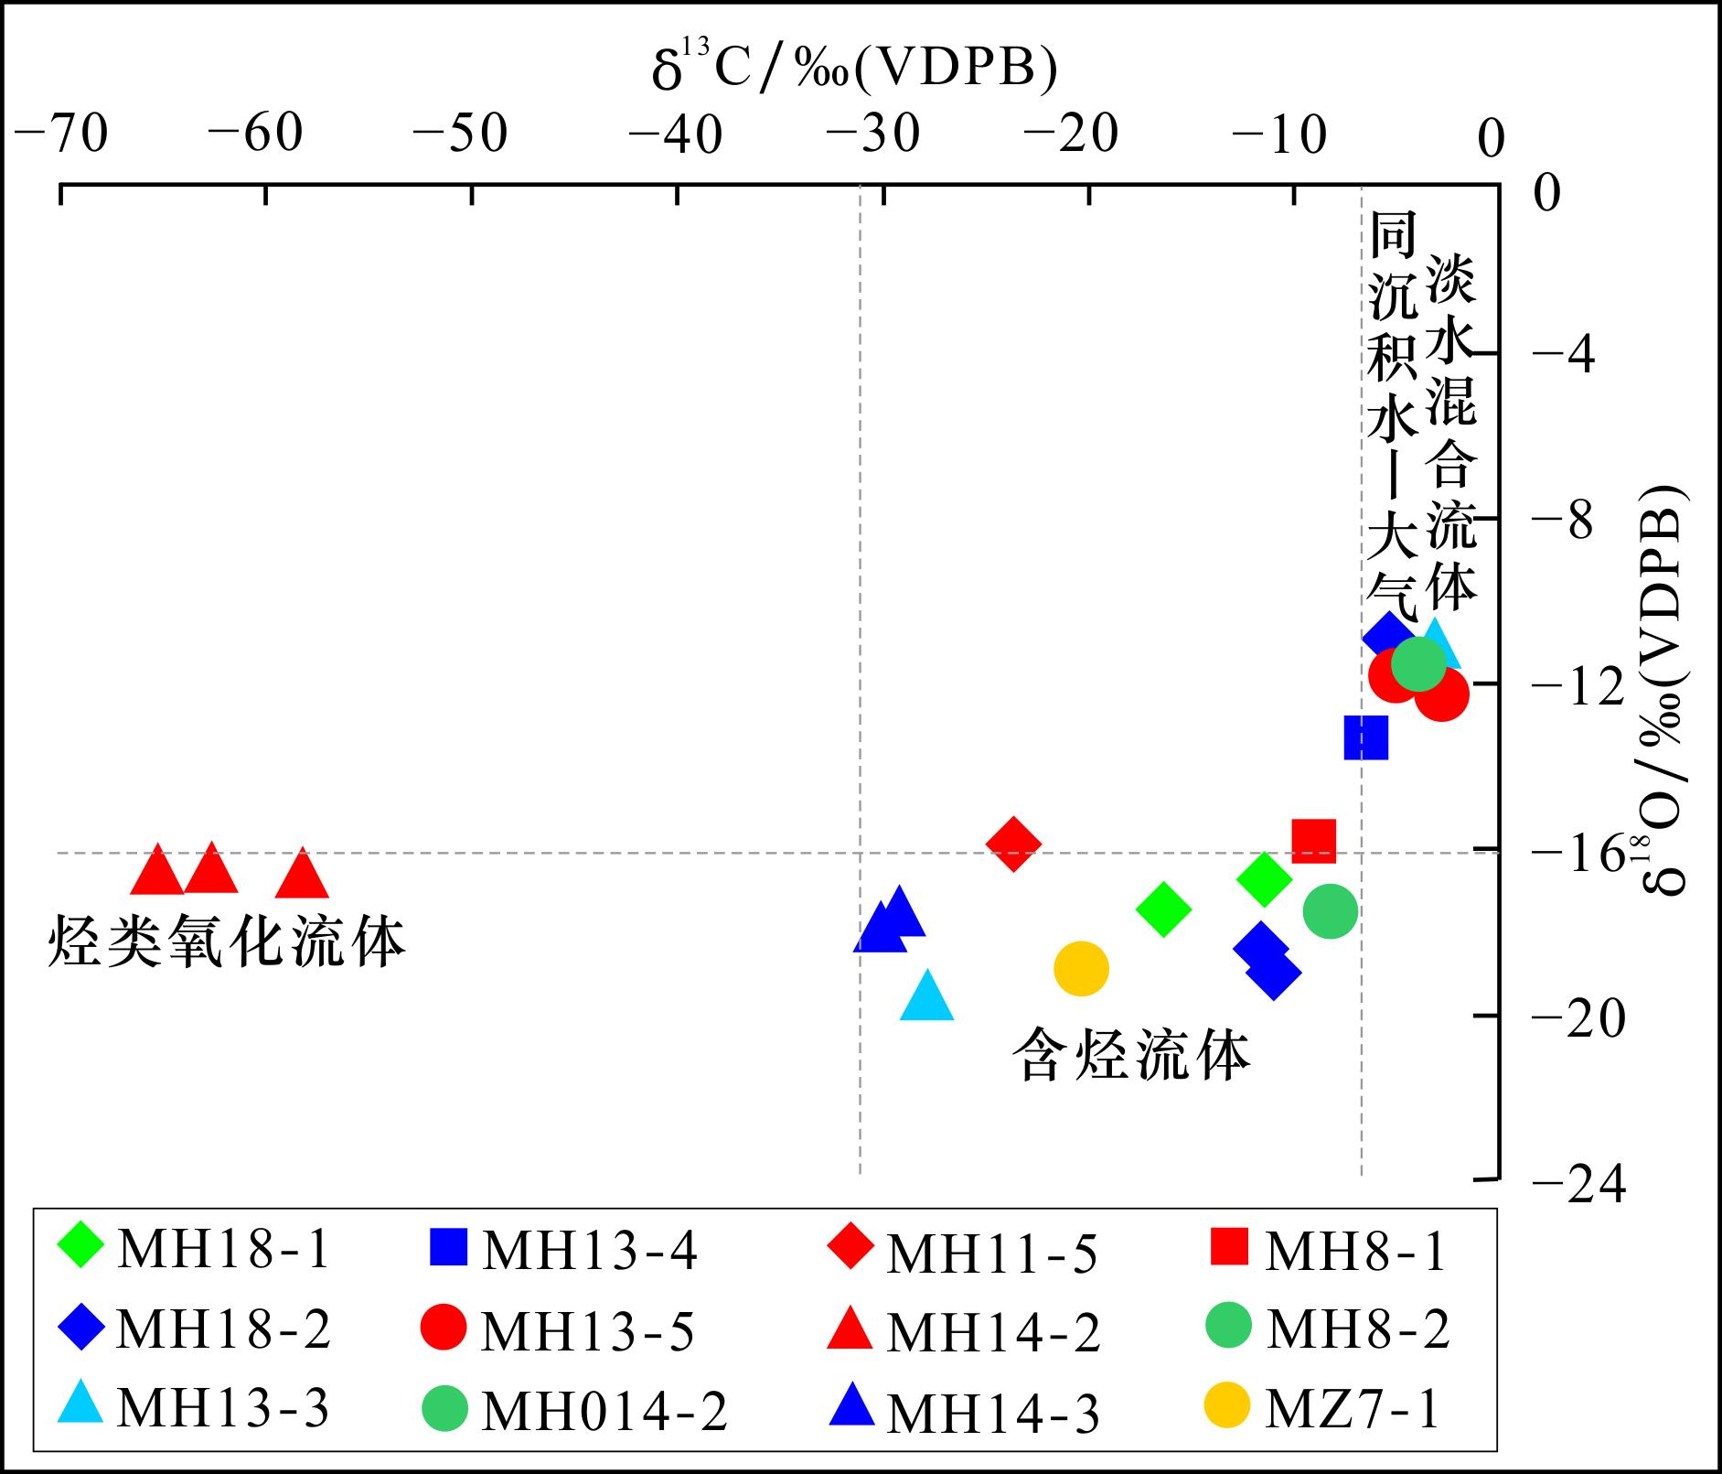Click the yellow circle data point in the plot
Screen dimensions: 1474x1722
1081,968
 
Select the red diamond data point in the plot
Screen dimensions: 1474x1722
1013,844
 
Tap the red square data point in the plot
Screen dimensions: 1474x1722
1313,840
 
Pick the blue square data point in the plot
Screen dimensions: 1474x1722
1366,737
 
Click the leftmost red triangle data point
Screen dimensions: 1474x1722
157,871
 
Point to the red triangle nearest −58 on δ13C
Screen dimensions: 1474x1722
302,875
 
